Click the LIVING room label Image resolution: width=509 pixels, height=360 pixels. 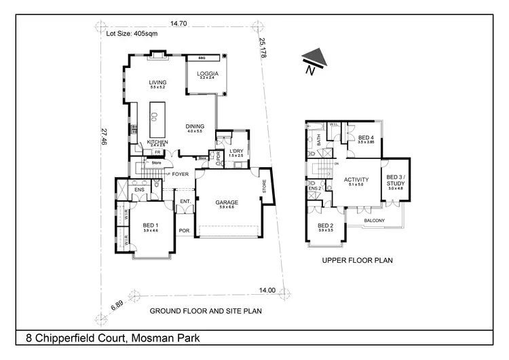157,83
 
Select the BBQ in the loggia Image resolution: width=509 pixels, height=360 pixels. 202,58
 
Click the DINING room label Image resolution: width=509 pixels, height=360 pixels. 195,126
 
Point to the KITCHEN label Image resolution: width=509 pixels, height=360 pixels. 157,142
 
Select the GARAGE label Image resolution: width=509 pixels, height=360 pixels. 227,202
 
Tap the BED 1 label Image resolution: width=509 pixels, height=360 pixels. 151,226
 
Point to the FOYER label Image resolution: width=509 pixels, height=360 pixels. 180,174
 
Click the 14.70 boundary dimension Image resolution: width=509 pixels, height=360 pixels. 179,24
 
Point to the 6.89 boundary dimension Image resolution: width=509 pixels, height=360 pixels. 117,308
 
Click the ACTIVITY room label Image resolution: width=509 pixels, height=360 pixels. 356,180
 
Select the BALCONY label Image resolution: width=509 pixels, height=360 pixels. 374,220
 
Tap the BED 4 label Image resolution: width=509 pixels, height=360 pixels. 366,137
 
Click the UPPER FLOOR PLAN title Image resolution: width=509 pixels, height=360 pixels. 358,260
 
